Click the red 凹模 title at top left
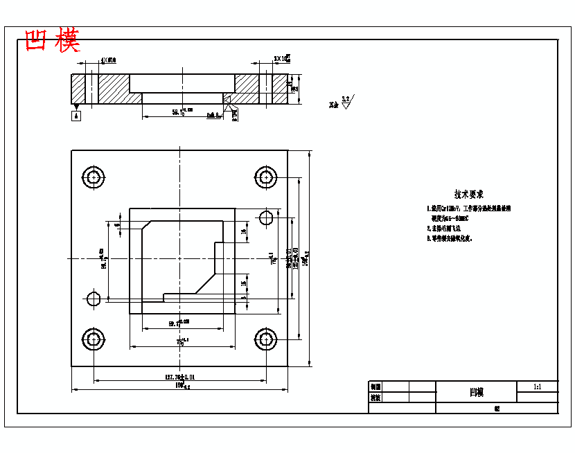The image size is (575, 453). pyautogui.click(x=53, y=41)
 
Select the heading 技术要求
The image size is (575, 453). pyautogui.click(x=469, y=195)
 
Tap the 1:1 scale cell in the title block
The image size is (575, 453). pyautogui.click(x=538, y=387)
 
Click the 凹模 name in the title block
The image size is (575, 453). pyautogui.click(x=476, y=392)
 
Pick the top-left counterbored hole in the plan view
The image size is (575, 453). pyautogui.click(x=94, y=177)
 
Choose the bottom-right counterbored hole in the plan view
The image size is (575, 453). pyautogui.click(x=266, y=339)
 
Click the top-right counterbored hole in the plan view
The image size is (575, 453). pyautogui.click(x=266, y=177)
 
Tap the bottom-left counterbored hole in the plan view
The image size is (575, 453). pyautogui.click(x=94, y=339)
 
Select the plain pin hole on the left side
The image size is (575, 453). pyautogui.click(x=94, y=299)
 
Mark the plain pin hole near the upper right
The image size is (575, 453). pyautogui.click(x=266, y=217)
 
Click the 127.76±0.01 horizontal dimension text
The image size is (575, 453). pyautogui.click(x=179, y=377)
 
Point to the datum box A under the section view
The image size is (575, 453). pyautogui.click(x=76, y=116)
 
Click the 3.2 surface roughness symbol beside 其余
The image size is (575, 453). pyautogui.click(x=346, y=103)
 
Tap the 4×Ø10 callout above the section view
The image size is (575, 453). pyautogui.click(x=109, y=60)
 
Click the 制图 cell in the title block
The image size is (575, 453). pyautogui.click(x=375, y=387)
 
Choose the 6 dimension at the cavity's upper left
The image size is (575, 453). pyautogui.click(x=118, y=225)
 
